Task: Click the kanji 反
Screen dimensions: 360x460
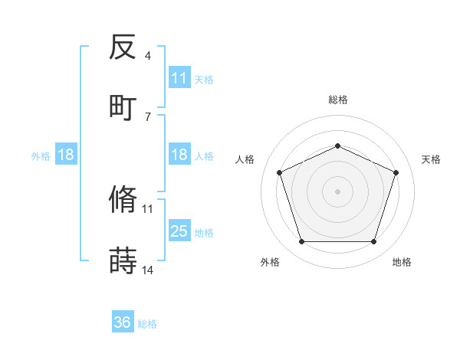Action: pyautogui.click(x=123, y=48)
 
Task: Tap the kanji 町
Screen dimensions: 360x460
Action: pyautogui.click(x=123, y=107)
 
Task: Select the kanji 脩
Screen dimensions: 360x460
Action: pyautogui.click(x=123, y=201)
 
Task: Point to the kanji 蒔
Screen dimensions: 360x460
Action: pyautogui.click(x=123, y=260)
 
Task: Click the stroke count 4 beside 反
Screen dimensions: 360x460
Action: pyautogui.click(x=147, y=56)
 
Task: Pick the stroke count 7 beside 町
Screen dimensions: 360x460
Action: pyautogui.click(x=147, y=116)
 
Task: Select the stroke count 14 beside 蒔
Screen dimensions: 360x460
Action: pyautogui.click(x=148, y=269)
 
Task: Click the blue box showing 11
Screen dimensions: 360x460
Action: pyautogui.click(x=179, y=78)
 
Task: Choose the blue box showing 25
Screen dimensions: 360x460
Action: pyautogui.click(x=179, y=231)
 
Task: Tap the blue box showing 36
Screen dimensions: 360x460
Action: pyautogui.click(x=123, y=322)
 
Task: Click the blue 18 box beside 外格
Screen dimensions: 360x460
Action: pyautogui.click(x=66, y=155)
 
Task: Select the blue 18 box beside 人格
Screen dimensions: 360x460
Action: pyautogui.click(x=179, y=155)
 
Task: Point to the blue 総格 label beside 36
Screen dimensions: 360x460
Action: pyautogui.click(x=147, y=324)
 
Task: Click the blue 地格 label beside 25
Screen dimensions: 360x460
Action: pyautogui.click(x=204, y=232)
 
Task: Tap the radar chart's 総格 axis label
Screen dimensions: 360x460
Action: pyautogui.click(x=337, y=100)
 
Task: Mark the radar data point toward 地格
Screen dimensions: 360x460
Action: pyautogui.click(x=373, y=242)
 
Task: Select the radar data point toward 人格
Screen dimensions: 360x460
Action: pyautogui.click(x=279, y=172)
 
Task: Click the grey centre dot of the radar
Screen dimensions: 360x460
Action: pyautogui.click(x=337, y=191)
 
